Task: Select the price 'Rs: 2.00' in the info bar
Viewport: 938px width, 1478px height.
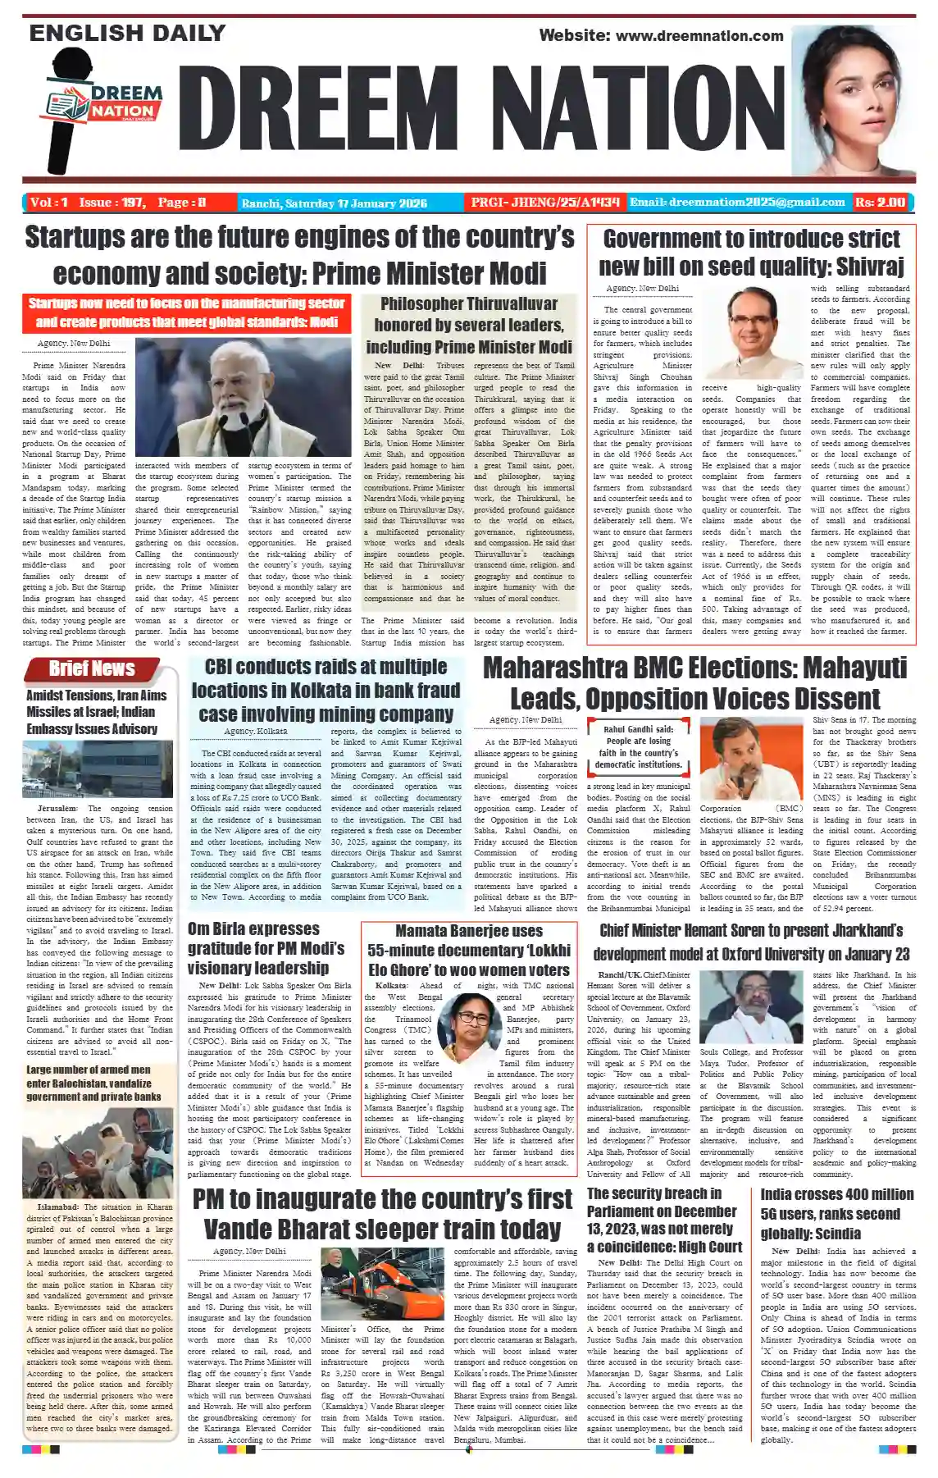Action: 880,202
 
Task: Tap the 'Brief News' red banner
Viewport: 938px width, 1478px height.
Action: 92,668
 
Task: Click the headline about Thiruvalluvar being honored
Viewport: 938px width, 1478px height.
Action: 469,325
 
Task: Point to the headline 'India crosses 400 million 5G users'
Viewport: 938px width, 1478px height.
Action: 836,1213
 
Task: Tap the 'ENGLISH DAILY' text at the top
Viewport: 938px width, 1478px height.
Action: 127,33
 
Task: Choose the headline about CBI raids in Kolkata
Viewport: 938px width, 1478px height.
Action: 326,690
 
